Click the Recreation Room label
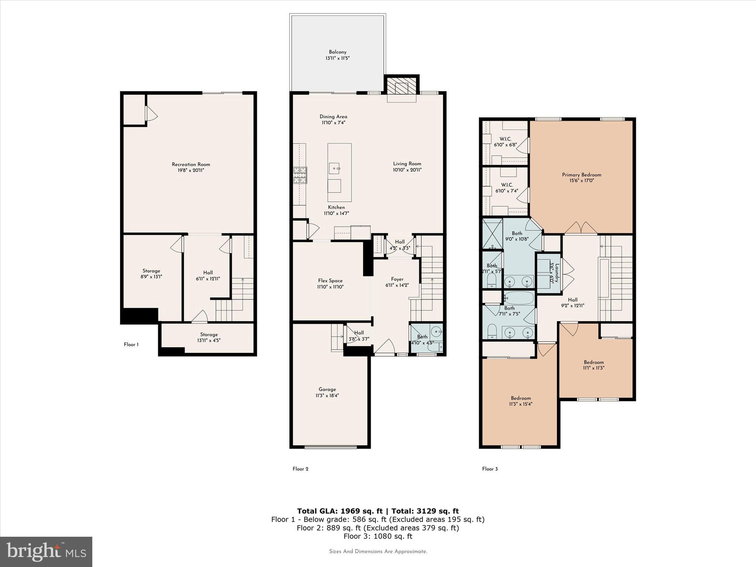tap(191, 165)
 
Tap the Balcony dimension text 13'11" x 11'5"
tap(337, 58)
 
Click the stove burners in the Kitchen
tap(300, 175)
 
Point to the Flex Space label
tap(330, 281)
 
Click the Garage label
tap(327, 389)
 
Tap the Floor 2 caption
tap(300, 469)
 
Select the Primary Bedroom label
tap(581, 175)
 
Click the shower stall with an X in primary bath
tap(492, 234)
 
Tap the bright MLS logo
tap(46, 551)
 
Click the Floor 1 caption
tap(131, 345)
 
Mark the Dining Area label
tap(333, 117)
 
